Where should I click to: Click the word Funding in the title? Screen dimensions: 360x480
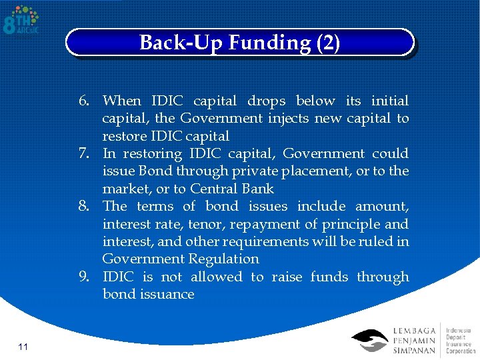point(269,43)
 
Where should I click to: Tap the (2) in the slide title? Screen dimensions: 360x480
point(328,43)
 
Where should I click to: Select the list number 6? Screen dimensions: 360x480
point(84,101)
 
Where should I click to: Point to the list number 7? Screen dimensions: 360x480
point(84,154)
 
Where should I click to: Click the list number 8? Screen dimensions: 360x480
point(84,207)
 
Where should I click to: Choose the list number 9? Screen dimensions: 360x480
point(84,277)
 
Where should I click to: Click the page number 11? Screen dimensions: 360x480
point(23,346)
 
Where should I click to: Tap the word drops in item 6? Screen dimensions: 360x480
point(266,101)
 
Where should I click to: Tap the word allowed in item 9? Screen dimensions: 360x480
point(216,277)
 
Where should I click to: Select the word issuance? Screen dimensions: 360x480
point(167,294)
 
